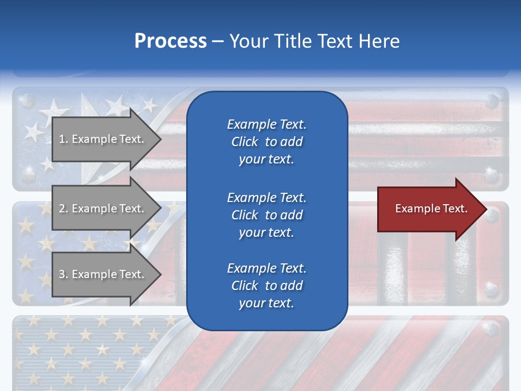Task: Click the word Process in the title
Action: pyautogui.click(x=170, y=41)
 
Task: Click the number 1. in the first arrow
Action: pyautogui.click(x=63, y=139)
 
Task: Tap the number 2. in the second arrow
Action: pyautogui.click(x=63, y=209)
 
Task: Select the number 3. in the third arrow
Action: pyautogui.click(x=63, y=274)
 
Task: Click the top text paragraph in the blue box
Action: pyautogui.click(x=266, y=142)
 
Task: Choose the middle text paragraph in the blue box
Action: pyautogui.click(x=266, y=215)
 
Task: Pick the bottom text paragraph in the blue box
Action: pyautogui.click(x=266, y=286)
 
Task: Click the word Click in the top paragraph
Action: pyautogui.click(x=244, y=142)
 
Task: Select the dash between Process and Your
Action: pyautogui.click(x=218, y=42)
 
